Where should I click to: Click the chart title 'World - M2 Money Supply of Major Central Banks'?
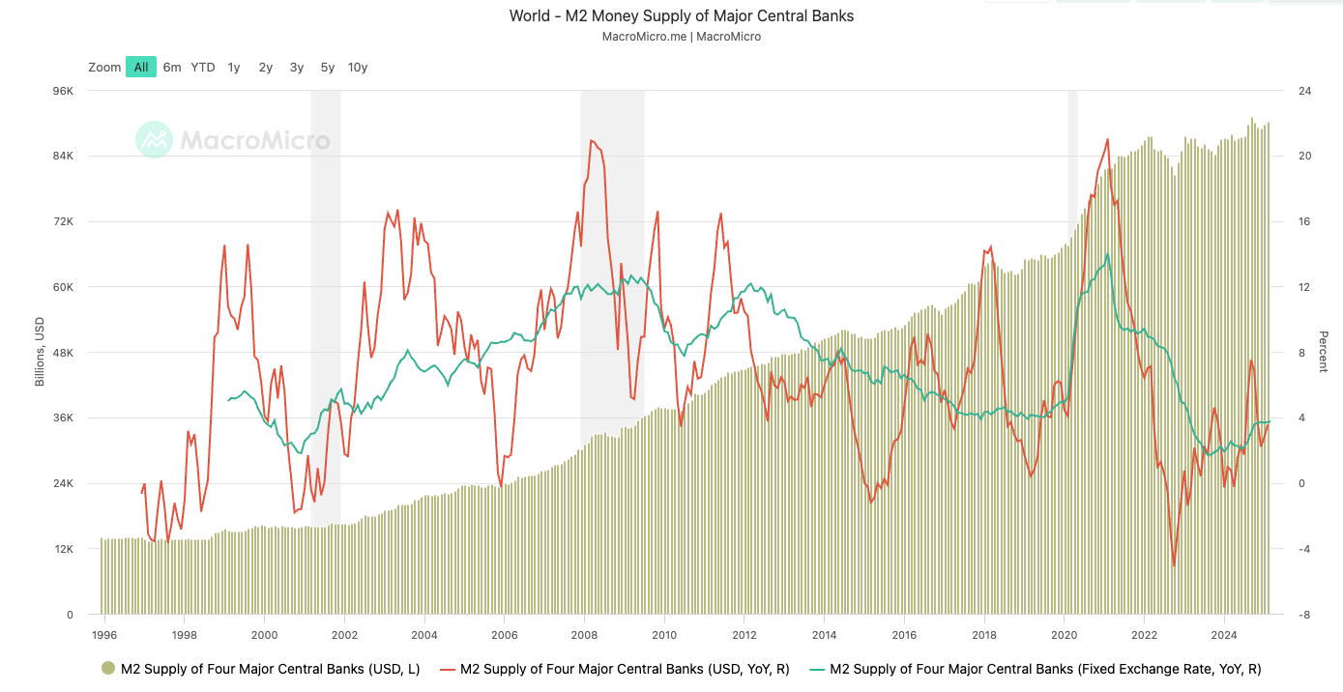[x=681, y=16]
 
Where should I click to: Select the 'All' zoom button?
[x=141, y=67]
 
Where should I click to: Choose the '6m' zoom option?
[x=172, y=67]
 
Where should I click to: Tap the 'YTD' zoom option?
[x=203, y=67]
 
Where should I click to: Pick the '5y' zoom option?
[x=328, y=67]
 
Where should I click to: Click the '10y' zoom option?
[x=358, y=67]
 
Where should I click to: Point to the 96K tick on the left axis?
[x=63, y=91]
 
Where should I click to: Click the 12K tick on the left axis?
[x=63, y=549]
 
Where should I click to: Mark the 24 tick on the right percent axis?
[x=1303, y=91]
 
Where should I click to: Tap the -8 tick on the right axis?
[x=1303, y=615]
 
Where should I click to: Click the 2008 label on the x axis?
[x=583, y=635]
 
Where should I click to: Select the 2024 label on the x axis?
[x=1224, y=635]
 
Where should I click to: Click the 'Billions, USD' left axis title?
[x=40, y=353]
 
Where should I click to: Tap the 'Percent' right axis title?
[x=1323, y=353]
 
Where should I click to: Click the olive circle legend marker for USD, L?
[x=108, y=668]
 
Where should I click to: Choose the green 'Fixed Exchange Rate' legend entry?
[x=1036, y=668]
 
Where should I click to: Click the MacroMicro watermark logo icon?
[x=154, y=140]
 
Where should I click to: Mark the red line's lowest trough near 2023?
[x=1174, y=566]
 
